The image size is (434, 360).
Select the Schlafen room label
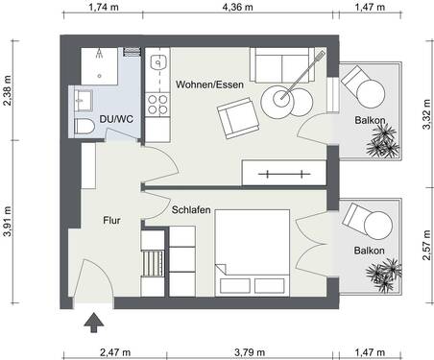[192, 208]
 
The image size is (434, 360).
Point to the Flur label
[111, 221]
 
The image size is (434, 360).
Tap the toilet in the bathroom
[84, 126]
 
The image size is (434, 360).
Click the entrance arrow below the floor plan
[93, 324]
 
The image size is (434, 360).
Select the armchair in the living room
[235, 120]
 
